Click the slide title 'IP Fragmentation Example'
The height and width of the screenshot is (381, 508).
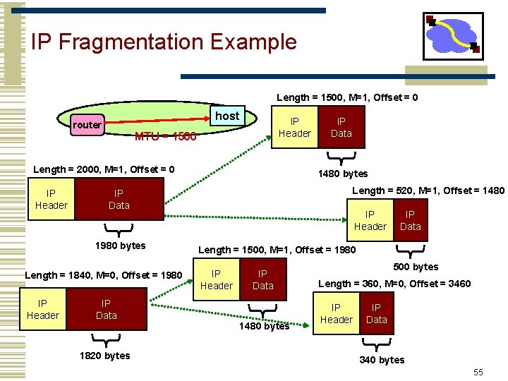coord(164,42)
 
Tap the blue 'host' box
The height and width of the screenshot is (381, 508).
coord(227,116)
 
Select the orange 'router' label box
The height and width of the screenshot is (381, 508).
coord(87,125)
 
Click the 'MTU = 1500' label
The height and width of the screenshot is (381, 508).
coord(165,136)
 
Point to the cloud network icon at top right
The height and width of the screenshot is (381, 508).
coord(452,36)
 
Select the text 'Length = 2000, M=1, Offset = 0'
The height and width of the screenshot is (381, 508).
coord(104,169)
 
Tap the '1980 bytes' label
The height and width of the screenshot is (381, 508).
coord(120,246)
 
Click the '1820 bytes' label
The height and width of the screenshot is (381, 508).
coord(104,356)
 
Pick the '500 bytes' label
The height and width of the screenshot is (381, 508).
coord(415,267)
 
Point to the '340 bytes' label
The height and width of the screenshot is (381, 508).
coord(382,360)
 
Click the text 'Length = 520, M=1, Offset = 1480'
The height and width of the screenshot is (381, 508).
coord(428,190)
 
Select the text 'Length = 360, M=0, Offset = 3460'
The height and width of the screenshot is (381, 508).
coord(394,284)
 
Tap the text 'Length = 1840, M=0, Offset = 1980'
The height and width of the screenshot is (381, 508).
coord(104,274)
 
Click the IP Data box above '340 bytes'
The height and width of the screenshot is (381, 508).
coord(376,313)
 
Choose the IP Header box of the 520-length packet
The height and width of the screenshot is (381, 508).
coord(370,220)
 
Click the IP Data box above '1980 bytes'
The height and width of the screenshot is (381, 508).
coord(119,199)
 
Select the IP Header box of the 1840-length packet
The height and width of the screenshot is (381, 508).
coord(43,310)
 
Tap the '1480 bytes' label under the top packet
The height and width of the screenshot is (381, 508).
coord(342,174)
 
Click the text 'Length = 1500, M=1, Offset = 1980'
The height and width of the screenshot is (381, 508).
coord(277,250)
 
